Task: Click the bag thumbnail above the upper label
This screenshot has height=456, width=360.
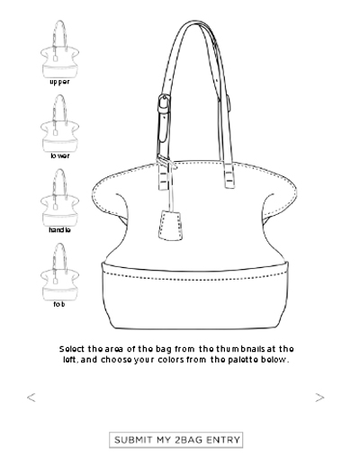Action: tap(60, 49)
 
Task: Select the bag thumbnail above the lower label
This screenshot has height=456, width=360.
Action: tap(60, 123)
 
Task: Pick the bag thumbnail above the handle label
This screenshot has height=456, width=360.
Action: tap(60, 198)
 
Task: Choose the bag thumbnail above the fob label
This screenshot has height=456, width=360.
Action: tap(60, 273)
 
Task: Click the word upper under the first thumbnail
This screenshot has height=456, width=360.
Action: tap(59, 82)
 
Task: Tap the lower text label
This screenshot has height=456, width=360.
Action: tap(60, 156)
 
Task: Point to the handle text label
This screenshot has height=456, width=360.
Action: tap(59, 230)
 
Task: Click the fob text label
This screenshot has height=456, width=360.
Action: tap(59, 304)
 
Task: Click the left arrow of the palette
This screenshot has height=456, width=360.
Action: tap(31, 398)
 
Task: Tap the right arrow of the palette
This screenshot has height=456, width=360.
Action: tap(319, 398)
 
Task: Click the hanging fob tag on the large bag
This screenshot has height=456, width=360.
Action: tap(170, 225)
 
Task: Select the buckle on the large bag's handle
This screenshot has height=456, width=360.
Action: tap(164, 104)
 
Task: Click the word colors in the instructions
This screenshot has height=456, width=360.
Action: tap(171, 360)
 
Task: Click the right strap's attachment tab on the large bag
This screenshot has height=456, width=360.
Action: tap(229, 180)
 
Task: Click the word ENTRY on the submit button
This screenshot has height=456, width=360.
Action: tap(223, 440)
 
